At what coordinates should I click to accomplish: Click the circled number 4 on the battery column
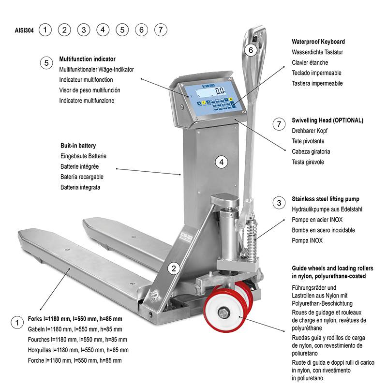[x=222, y=162]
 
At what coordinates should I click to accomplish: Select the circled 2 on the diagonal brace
[x=173, y=267]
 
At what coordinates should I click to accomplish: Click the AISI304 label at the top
[x=24, y=30]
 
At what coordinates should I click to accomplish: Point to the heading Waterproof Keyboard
[x=318, y=42]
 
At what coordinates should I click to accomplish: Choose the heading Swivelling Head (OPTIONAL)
[x=327, y=120]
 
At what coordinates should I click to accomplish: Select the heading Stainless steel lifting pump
[x=325, y=199]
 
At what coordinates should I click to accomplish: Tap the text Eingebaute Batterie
[x=83, y=156]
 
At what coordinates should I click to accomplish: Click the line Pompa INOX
[x=307, y=240]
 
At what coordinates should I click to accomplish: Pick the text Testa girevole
[x=308, y=162]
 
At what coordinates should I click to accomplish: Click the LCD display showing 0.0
[x=220, y=90]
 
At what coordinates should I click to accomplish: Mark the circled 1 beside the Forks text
[x=17, y=323]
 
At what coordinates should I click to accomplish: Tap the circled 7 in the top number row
[x=161, y=30]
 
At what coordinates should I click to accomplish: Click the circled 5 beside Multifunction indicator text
[x=46, y=63]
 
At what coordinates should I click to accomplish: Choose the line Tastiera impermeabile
[x=317, y=83]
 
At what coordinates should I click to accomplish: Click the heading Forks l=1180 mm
[x=75, y=319]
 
